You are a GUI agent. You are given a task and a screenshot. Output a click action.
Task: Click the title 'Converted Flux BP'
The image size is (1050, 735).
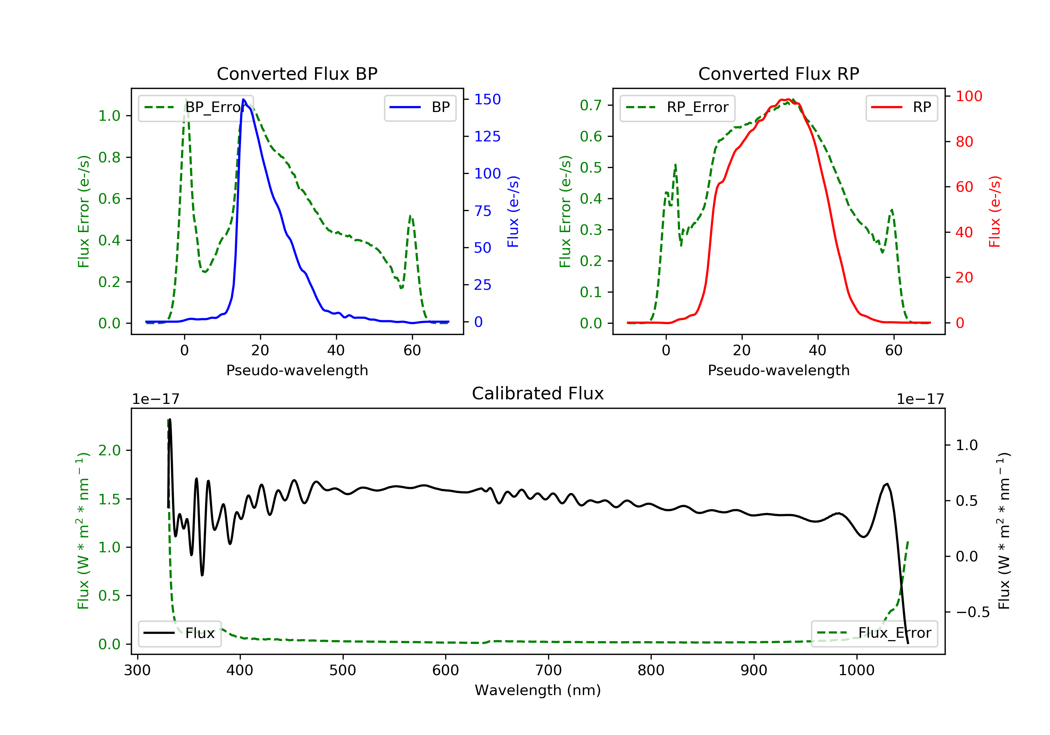[297, 73]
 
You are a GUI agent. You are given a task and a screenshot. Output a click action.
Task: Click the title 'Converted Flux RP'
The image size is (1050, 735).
[779, 73]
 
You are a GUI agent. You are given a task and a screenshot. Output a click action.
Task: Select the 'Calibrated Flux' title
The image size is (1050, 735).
[538, 393]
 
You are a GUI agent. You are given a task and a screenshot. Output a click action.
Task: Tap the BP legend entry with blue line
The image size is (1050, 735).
[420, 107]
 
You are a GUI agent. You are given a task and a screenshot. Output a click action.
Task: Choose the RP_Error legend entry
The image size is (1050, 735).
[677, 108]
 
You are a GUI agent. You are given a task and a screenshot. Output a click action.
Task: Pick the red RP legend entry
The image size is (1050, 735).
[901, 107]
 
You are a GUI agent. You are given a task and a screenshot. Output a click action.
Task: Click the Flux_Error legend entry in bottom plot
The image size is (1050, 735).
[874, 633]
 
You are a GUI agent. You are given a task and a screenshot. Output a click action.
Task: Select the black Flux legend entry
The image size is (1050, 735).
[179, 633]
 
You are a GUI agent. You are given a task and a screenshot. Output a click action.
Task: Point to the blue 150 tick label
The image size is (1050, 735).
[488, 99]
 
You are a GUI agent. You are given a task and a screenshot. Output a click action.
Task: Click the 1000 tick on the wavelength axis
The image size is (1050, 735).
[856, 671]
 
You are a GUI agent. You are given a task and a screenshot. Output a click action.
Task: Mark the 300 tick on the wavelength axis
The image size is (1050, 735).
[137, 671]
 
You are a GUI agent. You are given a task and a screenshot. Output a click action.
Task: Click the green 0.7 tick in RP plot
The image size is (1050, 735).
[591, 105]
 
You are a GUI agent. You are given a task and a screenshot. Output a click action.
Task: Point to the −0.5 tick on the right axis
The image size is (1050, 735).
[973, 612]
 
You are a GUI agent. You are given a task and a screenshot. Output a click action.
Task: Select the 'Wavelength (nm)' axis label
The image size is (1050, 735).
[538, 690]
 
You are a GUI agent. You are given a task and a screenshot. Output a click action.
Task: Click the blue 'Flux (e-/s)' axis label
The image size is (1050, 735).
[513, 211]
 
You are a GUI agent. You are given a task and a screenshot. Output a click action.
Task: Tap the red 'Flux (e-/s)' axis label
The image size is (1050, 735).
[995, 211]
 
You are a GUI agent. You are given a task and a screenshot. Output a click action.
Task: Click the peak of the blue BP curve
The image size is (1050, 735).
[244, 99]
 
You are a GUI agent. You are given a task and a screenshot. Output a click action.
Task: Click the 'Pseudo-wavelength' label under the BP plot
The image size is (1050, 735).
[297, 370]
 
